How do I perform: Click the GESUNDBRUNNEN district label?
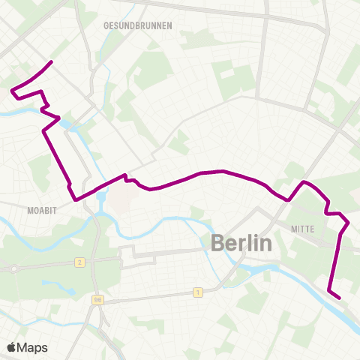[138, 25]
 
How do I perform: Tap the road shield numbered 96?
[97, 300]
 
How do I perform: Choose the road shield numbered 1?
[197, 292]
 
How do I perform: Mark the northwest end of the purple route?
[51, 61]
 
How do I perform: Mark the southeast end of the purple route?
[340, 298]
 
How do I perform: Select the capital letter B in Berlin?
[218, 244]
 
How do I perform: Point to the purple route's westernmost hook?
[13, 91]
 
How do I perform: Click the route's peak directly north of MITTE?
[304, 182]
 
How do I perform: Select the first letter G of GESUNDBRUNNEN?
[106, 25]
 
